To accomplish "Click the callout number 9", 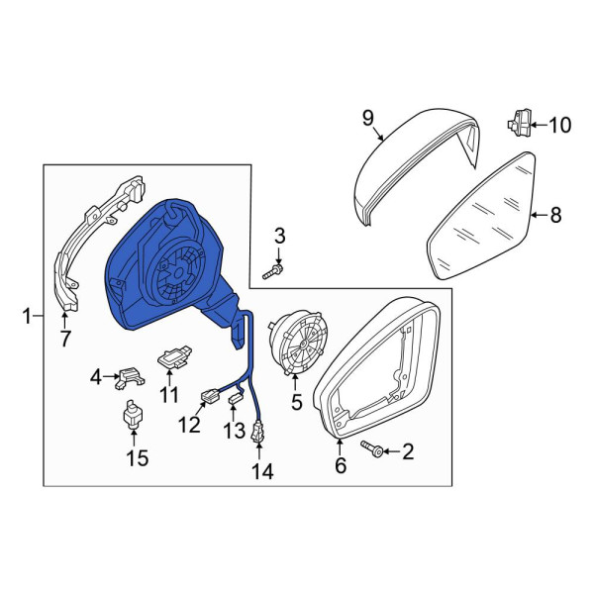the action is coord(368,118).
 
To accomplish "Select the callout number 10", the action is coord(560,125).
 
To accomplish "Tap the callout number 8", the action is coord(555,215).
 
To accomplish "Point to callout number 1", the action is coord(27,316).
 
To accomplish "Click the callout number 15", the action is coord(138,458).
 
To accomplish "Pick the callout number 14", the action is coord(262,471).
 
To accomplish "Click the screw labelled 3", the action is coord(273,272).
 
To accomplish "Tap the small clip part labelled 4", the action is coord(130,377).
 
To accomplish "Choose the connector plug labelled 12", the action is coord(210,396).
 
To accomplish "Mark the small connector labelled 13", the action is coord(236,399).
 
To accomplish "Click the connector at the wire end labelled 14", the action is coord(257,433).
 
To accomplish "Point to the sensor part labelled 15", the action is coord(133,415).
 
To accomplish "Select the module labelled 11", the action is coord(174,357).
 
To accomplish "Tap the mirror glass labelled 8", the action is coord(481,216).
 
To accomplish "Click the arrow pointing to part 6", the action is coord(340,447).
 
